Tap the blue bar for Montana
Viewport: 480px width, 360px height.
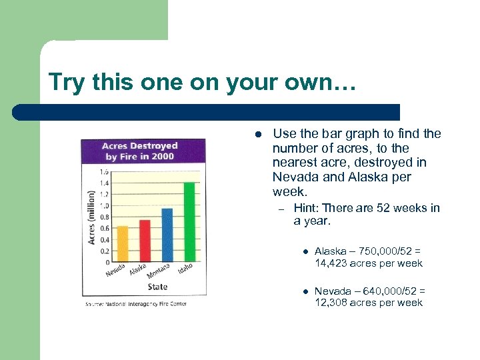click(x=167, y=235)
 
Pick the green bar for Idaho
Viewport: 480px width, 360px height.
click(x=189, y=221)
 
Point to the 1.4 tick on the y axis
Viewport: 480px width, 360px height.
click(x=105, y=183)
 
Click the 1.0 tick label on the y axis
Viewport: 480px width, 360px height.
click(x=105, y=205)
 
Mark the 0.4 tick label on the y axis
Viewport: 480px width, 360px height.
click(x=105, y=240)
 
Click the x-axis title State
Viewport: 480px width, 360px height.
click(x=157, y=287)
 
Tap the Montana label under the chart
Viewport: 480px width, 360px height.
click(x=159, y=272)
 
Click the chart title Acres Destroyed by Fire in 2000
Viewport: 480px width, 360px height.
click(x=139, y=151)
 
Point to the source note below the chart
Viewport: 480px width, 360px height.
click(x=136, y=304)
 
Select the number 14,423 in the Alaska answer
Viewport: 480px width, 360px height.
click(x=333, y=263)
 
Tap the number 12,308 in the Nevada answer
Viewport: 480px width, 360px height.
click(x=333, y=303)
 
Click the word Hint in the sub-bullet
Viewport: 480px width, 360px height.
click(x=307, y=208)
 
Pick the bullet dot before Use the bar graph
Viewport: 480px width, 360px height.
click(x=257, y=134)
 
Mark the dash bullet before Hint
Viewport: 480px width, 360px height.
click(x=281, y=209)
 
